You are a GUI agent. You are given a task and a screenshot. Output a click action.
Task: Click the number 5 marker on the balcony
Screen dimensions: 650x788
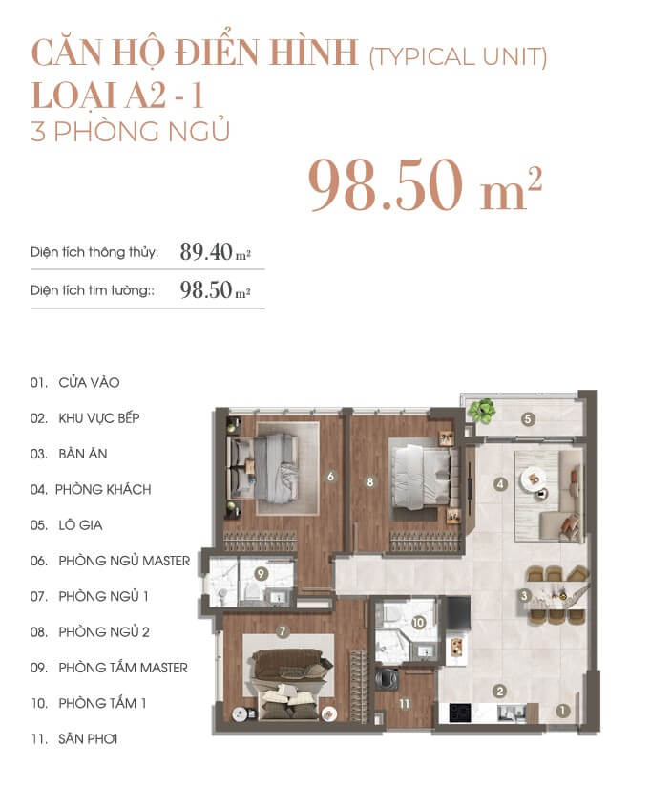(528, 418)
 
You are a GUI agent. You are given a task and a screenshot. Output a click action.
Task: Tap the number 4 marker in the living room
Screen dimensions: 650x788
(500, 484)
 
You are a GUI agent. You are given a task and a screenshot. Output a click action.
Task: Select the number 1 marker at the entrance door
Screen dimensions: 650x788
(562, 711)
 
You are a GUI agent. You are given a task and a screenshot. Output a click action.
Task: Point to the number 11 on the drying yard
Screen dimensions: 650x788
(405, 704)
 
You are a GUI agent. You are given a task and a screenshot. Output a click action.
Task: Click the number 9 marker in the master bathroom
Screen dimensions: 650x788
(261, 573)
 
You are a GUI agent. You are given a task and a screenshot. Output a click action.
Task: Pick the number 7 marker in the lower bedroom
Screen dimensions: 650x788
(283, 631)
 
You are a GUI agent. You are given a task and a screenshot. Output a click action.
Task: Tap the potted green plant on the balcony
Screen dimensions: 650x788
(482, 411)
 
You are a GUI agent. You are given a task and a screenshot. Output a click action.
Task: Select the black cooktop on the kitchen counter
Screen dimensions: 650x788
(460, 712)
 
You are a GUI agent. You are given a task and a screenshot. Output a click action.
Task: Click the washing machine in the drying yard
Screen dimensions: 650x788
(387, 679)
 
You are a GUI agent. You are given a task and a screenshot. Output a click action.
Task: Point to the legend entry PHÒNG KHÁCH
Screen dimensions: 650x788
(103, 489)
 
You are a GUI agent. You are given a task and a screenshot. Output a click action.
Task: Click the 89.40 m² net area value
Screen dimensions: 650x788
(215, 251)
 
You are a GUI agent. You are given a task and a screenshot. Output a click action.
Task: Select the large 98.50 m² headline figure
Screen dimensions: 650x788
(425, 185)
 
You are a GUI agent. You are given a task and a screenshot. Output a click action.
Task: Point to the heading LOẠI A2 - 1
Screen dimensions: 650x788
(117, 96)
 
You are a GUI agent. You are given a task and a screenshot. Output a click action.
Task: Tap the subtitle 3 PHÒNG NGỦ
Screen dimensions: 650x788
(130, 131)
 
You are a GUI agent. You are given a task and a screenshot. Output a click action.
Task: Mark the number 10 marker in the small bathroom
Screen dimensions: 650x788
(418, 622)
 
